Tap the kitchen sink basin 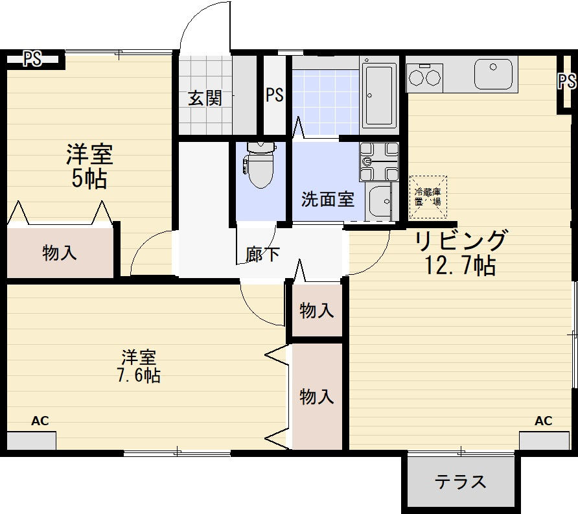click(493, 74)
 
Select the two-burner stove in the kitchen click(424, 77)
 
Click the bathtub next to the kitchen click(379, 95)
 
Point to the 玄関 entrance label click(205, 98)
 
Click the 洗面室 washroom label click(327, 200)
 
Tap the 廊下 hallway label click(263, 254)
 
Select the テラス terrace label click(460, 482)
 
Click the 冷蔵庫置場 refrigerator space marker click(428, 197)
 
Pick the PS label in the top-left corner click(32, 59)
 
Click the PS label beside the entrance click(275, 95)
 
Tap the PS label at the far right click(567, 81)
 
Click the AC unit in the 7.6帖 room click(31, 440)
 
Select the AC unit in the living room click(544, 440)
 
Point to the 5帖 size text click(89, 179)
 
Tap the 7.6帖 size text click(139, 376)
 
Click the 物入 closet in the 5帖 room click(60, 253)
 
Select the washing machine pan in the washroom click(379, 162)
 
